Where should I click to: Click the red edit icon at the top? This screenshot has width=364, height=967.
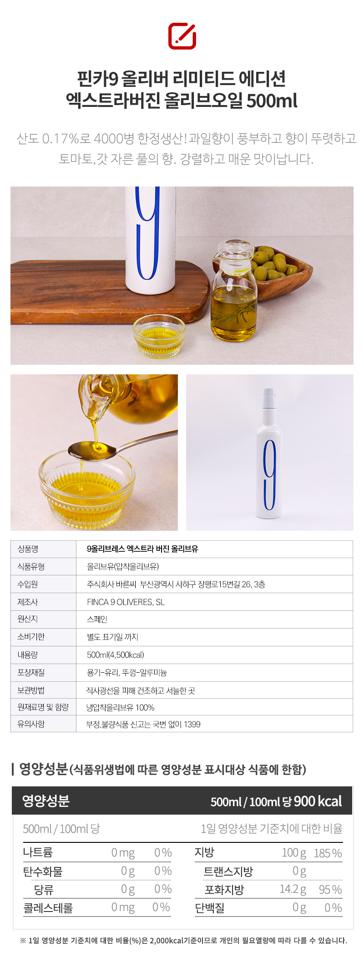(182, 36)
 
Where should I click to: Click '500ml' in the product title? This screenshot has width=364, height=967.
(272, 101)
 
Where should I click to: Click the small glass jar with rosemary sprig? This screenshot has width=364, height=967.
(233, 291)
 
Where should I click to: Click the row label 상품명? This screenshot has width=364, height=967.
(28, 549)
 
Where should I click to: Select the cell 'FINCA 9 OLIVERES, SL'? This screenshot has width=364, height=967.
(126, 602)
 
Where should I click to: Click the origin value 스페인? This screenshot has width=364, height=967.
(97, 619)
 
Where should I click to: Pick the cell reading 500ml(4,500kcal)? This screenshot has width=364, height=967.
(116, 655)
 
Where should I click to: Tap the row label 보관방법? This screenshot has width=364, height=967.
(31, 690)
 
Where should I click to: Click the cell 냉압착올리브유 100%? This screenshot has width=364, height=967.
(121, 707)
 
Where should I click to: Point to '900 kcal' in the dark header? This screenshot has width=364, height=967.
(318, 801)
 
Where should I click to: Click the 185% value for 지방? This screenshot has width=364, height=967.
(328, 853)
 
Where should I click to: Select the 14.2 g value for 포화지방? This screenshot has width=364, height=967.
(293, 890)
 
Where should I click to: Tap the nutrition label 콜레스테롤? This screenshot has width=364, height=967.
(48, 908)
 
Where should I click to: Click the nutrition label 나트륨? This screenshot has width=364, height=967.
(38, 852)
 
